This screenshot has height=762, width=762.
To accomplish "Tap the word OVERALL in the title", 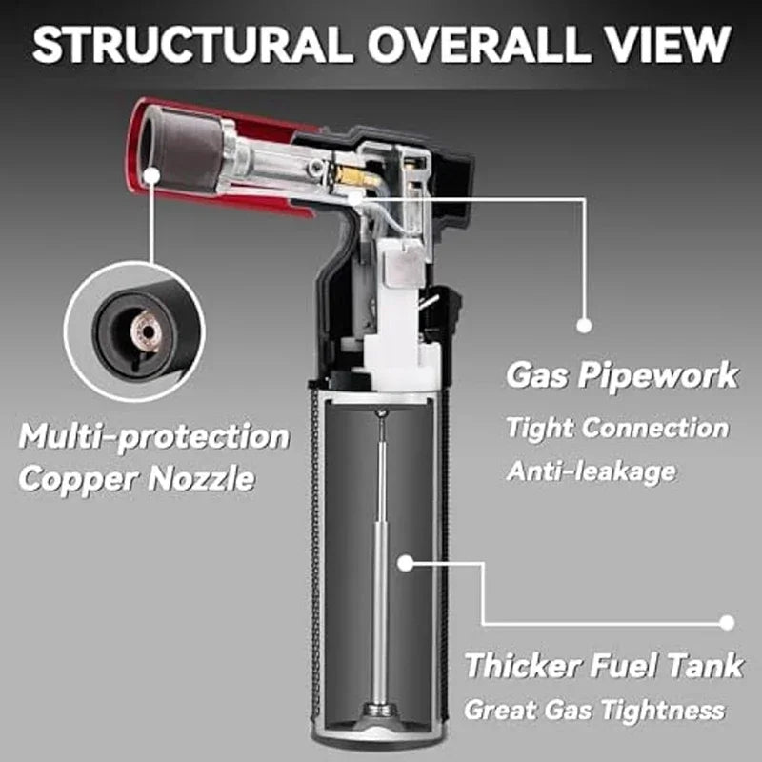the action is [x=475, y=44].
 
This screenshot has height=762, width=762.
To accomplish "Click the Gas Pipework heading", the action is [x=622, y=375].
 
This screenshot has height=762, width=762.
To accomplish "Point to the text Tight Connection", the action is [x=617, y=428].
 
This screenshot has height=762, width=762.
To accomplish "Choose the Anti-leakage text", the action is [x=591, y=471].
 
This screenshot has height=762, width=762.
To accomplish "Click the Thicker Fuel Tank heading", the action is [x=604, y=665].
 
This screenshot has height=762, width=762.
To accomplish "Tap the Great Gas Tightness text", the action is [x=594, y=710].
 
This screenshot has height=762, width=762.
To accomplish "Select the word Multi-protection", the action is [x=154, y=436].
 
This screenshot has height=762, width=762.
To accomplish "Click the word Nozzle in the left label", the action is [x=201, y=479].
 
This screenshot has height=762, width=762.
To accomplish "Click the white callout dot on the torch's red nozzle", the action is [x=152, y=175].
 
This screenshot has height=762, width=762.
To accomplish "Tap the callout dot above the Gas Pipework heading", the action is [x=584, y=325].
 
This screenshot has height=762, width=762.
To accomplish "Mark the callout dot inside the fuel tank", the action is [x=406, y=563].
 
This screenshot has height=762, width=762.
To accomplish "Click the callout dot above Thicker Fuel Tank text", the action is [x=727, y=623].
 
